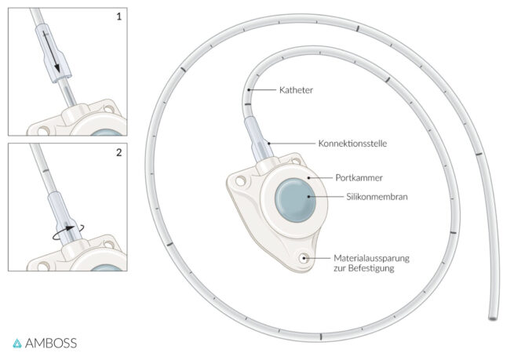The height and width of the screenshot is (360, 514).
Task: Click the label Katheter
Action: [294, 90]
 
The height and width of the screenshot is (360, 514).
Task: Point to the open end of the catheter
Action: [492, 318]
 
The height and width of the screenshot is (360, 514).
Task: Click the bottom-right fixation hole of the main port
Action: [303, 257]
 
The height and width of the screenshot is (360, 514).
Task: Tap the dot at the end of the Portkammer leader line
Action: [309, 178]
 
